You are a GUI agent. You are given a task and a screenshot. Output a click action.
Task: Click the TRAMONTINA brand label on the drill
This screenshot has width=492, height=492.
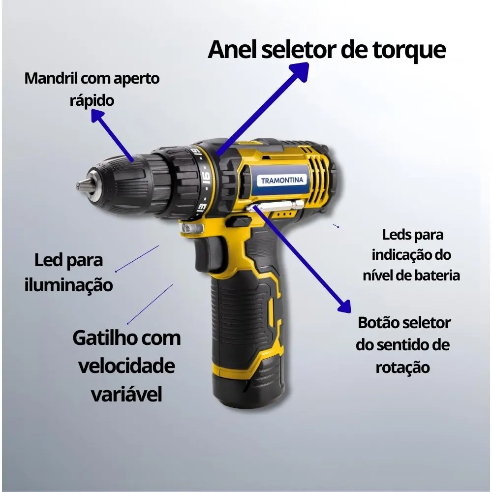tap(282, 180)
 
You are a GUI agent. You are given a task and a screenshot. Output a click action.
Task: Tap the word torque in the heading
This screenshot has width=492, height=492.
tap(409, 50)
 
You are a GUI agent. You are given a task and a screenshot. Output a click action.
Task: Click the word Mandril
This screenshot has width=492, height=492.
tap(51, 78)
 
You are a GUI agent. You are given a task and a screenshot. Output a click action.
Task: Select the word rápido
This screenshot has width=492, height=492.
tap(92, 101)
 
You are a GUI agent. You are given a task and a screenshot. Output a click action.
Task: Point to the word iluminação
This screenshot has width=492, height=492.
tap(69, 284)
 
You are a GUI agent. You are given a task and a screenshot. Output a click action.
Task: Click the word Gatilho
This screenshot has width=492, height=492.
tap(105, 338)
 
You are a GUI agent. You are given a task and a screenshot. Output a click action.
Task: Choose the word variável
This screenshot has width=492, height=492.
tap(126, 394)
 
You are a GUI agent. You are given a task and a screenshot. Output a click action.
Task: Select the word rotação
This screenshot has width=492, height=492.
tap(402, 368)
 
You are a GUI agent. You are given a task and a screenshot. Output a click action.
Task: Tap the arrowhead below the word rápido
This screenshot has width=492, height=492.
tap(98, 118)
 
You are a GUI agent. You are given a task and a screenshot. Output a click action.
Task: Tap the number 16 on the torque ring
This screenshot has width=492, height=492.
tap(206, 179)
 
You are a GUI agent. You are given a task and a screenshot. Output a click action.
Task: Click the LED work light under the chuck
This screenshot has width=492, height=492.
tap(191, 228)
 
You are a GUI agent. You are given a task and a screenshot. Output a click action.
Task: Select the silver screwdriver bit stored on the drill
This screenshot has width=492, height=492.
tap(276, 206)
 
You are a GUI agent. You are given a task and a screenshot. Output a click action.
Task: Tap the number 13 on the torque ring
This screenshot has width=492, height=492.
tap(202, 208)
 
